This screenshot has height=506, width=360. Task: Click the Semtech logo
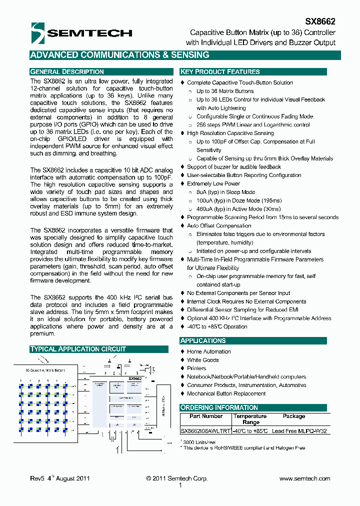point(81,33)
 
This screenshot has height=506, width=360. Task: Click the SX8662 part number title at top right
point(320,22)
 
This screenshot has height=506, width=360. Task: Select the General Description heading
point(67,71)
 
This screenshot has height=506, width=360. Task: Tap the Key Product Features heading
point(220,71)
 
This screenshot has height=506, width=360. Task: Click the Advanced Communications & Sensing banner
point(119,55)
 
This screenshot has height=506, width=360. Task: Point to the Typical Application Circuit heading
point(78,349)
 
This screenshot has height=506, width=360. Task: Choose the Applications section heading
point(203,340)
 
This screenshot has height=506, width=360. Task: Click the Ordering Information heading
point(219,407)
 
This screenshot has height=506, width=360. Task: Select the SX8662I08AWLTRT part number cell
point(205,430)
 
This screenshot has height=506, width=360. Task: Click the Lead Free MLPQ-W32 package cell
point(300,430)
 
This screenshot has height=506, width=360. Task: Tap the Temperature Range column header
point(250,419)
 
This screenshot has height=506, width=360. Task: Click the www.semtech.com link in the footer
point(304,478)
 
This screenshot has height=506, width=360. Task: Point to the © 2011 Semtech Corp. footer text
point(177,478)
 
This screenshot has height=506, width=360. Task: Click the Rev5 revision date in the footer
point(59,478)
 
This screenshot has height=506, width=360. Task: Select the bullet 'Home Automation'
point(209,351)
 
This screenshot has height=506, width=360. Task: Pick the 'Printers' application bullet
point(196,368)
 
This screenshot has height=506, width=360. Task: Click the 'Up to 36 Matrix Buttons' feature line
point(225,91)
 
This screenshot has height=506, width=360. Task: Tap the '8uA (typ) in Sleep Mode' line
point(225,192)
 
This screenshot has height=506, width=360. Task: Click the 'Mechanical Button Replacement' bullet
point(226,393)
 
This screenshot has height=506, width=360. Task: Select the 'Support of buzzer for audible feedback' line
point(234,166)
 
